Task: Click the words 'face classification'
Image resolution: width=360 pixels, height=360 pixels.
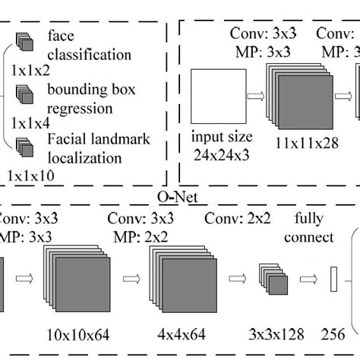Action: point(88,45)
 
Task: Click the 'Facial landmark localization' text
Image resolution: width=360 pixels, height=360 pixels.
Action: point(94,148)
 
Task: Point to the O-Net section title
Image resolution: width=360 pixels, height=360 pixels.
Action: point(166,197)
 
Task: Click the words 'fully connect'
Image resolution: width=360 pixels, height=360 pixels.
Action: point(309,229)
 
